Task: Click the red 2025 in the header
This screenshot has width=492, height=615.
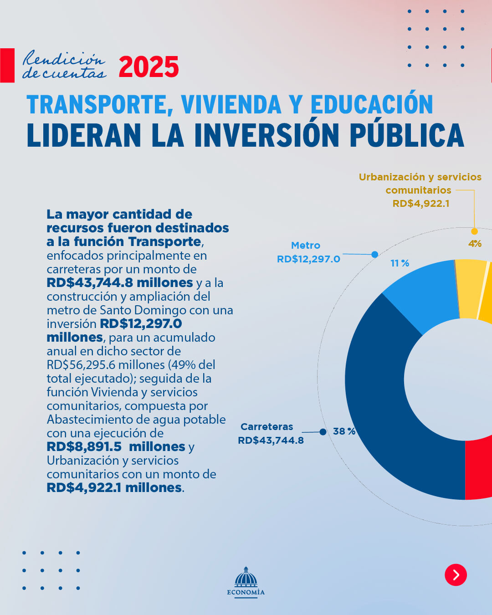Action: tap(149, 67)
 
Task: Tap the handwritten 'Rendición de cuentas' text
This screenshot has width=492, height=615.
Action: tap(64, 65)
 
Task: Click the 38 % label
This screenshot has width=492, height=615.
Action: tap(344, 431)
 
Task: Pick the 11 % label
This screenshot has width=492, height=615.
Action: tap(400, 263)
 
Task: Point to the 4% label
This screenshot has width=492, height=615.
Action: tap(475, 244)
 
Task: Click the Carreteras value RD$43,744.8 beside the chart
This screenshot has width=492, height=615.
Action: tap(271, 440)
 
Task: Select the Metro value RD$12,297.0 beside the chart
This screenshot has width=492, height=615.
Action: tap(308, 259)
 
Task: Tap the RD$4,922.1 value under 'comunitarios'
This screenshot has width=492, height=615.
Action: tap(421, 203)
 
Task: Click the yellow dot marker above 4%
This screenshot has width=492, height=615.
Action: tap(474, 231)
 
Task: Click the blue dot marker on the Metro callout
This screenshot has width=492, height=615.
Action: tap(374, 255)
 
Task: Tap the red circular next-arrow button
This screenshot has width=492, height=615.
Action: tap(456, 574)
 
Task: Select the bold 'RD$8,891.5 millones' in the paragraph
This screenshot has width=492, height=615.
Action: tap(116, 446)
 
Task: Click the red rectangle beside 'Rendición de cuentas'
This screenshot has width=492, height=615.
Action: tap(7, 65)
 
